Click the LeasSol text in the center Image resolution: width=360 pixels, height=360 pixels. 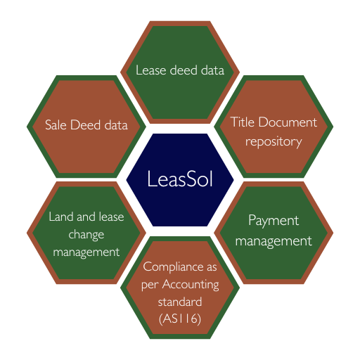(x=180, y=179)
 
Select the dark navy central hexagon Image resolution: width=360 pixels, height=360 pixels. (x=180, y=180)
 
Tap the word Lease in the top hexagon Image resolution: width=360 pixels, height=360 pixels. (x=150, y=70)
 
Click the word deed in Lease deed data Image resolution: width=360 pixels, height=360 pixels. (x=184, y=70)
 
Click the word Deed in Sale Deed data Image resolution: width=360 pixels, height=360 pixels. (x=85, y=124)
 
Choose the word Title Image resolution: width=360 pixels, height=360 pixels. (x=243, y=122)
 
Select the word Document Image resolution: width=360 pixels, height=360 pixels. (x=288, y=122)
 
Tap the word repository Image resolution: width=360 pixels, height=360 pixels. (x=274, y=142)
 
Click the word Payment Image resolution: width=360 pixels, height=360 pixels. (x=274, y=221)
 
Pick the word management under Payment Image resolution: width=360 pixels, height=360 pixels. (x=274, y=241)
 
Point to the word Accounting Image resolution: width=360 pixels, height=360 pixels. (x=191, y=285)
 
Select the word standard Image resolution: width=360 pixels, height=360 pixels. (x=180, y=302)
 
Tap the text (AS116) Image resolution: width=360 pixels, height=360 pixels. (x=180, y=319)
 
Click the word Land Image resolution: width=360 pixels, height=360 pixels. (x=61, y=217)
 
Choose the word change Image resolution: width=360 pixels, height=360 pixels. (x=86, y=235)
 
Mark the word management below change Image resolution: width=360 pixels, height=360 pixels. (x=86, y=252)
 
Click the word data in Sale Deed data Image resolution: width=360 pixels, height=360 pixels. (x=116, y=124)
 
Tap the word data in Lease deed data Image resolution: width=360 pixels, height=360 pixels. (x=212, y=70)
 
